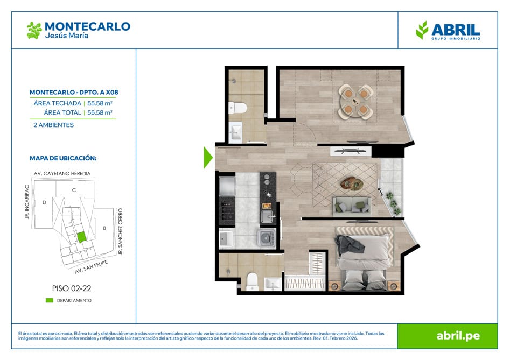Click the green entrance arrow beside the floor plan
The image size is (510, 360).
tap(207, 158)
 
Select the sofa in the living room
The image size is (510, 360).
tap(352, 206)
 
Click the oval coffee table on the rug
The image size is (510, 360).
tap(352, 183)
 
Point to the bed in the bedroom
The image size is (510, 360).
tap(364, 259)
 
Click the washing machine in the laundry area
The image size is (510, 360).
tap(267, 238)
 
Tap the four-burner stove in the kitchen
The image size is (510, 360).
tap(227, 211)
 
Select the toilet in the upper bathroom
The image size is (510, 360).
tap(237, 108)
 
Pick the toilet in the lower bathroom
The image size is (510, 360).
tap(252, 281)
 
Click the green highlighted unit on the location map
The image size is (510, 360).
tap(81, 237)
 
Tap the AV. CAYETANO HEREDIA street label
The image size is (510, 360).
tap(62, 173)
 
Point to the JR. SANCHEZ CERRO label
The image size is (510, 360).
tap(120, 232)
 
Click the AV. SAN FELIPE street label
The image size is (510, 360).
tap(92, 267)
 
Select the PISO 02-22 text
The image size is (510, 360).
tap(72, 288)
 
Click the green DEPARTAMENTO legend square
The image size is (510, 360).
tap(50, 301)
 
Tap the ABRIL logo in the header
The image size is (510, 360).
tap(448, 31)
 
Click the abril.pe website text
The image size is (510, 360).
tap(458, 336)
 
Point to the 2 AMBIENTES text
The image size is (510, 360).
tap(54, 125)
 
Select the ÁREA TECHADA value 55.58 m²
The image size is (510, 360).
tap(100, 103)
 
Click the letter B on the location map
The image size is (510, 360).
tap(104, 228)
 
